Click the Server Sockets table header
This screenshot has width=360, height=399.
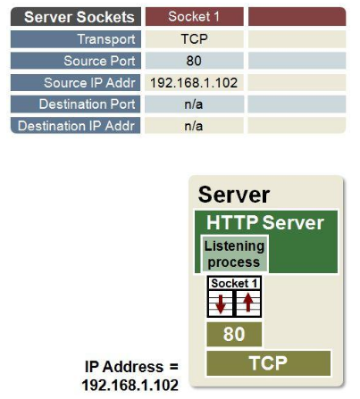coord(76,17)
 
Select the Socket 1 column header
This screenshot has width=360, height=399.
coord(195,17)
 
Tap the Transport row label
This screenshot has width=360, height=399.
coord(76,39)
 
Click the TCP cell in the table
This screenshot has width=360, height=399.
coord(195,39)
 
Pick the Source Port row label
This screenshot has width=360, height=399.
coord(76,61)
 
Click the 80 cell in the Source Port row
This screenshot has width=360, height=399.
coord(195,61)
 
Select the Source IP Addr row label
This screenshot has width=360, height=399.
coord(76,82)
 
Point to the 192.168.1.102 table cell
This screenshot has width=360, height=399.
coord(195,82)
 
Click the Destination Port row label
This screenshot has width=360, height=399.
coord(76,104)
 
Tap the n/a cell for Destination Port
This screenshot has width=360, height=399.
coord(195,104)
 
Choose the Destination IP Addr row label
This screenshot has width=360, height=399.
coord(76,126)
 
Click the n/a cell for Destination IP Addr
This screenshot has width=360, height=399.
coord(195,126)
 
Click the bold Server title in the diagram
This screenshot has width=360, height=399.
coord(234,195)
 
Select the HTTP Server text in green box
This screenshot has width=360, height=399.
coord(265,222)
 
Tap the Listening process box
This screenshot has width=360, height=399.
coord(235,254)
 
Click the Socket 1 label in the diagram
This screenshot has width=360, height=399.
coord(234,283)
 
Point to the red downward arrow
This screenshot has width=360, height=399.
coord(221,303)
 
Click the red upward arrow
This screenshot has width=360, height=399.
coord(247,303)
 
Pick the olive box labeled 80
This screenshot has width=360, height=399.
coord(234,334)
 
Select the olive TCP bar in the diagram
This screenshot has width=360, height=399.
coord(269,363)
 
